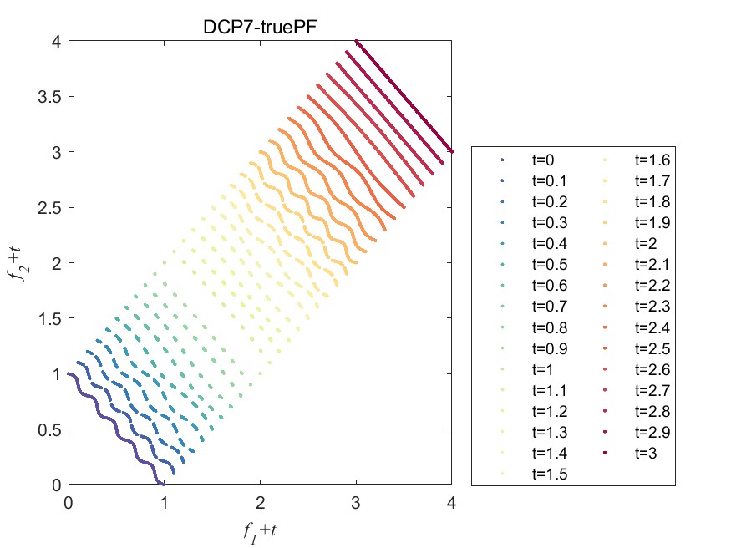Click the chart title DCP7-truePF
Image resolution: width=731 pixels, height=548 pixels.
point(259,26)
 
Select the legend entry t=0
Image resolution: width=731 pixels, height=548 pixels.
point(544,160)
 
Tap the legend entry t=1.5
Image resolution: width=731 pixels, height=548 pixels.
point(549,474)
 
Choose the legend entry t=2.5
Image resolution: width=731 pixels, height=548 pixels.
point(652,348)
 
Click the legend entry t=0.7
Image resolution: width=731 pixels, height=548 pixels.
point(549,306)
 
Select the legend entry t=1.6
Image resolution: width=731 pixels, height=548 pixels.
point(652,160)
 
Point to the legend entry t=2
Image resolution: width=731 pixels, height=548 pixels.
point(647,243)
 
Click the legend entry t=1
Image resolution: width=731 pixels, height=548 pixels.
point(544,369)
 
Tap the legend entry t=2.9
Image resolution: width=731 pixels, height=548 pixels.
point(652,432)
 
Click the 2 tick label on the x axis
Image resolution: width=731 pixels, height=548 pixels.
point(260,503)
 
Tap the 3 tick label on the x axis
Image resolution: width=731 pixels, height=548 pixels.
point(356,503)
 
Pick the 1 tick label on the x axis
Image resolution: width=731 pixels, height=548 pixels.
point(164,503)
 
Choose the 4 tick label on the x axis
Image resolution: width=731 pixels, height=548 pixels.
point(452,503)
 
